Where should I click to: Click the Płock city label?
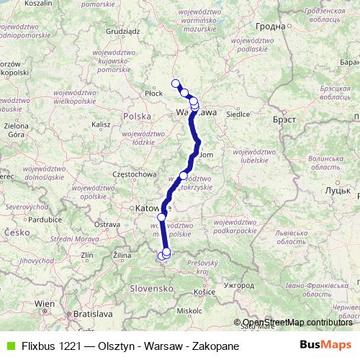[153, 94]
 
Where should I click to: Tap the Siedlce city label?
[238, 114]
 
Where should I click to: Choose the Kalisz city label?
[101, 125]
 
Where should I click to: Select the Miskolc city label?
[189, 310]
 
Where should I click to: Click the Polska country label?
[137, 116]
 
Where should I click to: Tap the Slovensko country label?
[153, 288]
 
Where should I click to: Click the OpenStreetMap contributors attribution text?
[297, 323]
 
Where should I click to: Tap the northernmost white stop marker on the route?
[175, 84]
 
